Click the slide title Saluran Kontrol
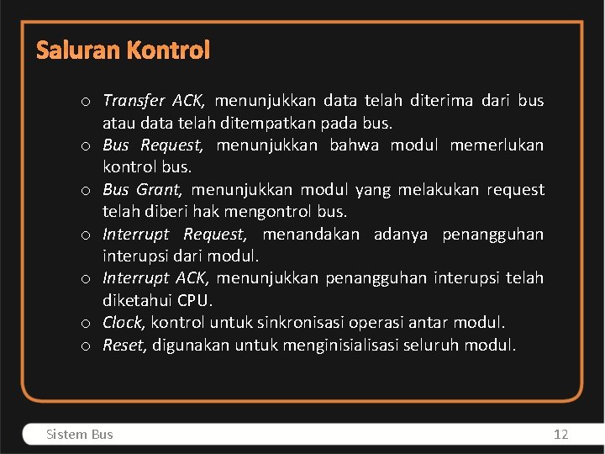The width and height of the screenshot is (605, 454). (123, 51)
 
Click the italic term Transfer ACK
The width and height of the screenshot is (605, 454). (153, 102)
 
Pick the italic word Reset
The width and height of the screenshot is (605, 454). (122, 345)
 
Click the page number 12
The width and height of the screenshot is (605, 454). (560, 435)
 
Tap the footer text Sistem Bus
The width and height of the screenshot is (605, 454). (80, 435)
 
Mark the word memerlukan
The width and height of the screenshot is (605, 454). (497, 145)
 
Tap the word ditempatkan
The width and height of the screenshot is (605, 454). (271, 124)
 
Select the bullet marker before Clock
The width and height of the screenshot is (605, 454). (87, 323)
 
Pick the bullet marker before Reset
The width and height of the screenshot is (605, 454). (87, 346)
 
